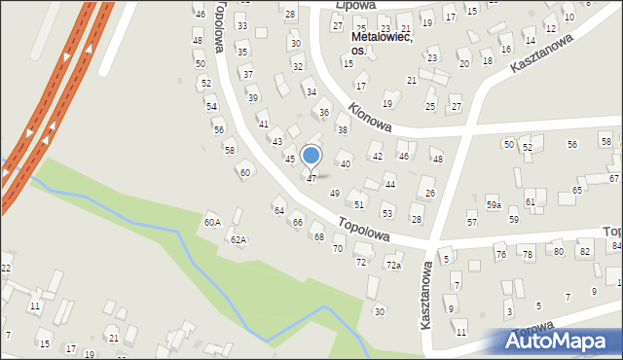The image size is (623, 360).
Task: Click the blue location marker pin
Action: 311,156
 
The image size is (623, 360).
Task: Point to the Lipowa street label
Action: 354,5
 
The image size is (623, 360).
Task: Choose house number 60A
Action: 212,223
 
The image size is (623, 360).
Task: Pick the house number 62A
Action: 238,239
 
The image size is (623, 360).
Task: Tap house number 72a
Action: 393,265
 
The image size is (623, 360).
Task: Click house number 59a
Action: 494,205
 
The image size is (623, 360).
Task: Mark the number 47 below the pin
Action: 311,179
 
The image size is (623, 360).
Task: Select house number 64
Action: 278,211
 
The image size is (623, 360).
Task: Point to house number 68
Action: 318,237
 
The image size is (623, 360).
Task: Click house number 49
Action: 335,194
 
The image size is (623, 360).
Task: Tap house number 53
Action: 386,213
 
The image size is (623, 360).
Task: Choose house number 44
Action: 389,184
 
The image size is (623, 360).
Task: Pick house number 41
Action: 263,125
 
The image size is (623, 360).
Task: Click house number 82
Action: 584,252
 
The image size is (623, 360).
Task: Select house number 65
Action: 577,190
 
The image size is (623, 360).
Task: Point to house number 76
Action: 500,255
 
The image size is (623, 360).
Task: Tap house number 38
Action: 342,129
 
